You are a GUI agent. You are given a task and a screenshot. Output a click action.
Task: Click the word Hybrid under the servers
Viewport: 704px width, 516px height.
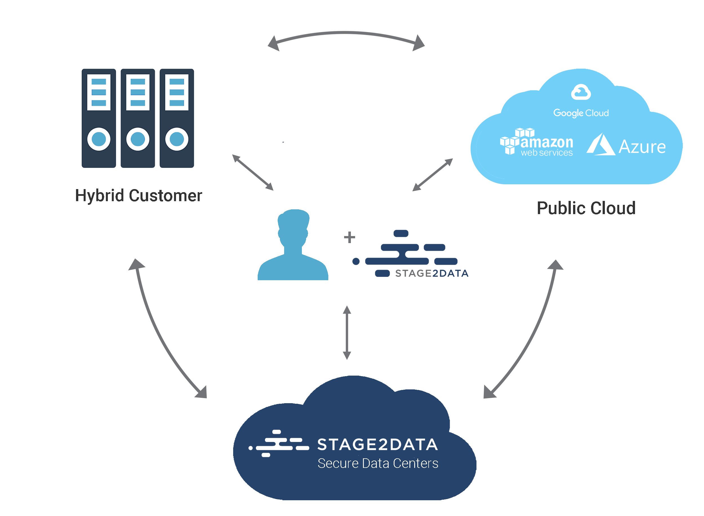pos(100,196)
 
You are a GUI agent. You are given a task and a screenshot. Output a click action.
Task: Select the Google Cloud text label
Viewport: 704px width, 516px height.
pos(581,113)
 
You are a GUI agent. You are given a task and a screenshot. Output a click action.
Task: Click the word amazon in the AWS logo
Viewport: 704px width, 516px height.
pos(546,142)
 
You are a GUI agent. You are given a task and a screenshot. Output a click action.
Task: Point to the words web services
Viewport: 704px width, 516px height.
pos(546,153)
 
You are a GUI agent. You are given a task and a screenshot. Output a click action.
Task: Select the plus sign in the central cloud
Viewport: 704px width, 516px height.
pos(349,237)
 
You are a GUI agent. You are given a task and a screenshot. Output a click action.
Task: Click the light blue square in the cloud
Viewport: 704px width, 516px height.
pos(293,244)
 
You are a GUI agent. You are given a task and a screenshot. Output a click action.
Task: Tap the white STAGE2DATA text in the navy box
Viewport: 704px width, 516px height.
pos(377,444)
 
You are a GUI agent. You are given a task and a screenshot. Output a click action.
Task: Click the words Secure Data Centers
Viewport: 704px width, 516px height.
pos(377,463)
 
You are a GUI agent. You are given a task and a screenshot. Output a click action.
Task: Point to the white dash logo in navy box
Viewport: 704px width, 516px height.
pos(278,443)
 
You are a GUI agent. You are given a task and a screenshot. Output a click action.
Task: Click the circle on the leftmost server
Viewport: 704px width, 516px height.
pos(99,139)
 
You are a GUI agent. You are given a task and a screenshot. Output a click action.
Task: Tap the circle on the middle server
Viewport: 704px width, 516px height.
pos(137,139)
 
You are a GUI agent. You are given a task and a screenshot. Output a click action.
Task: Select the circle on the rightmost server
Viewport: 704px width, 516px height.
pos(177,139)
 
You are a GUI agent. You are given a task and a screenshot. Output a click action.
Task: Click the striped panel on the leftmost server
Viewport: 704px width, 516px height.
pos(99,92)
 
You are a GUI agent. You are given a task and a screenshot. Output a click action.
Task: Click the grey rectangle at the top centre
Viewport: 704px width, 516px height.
pos(346,41)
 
